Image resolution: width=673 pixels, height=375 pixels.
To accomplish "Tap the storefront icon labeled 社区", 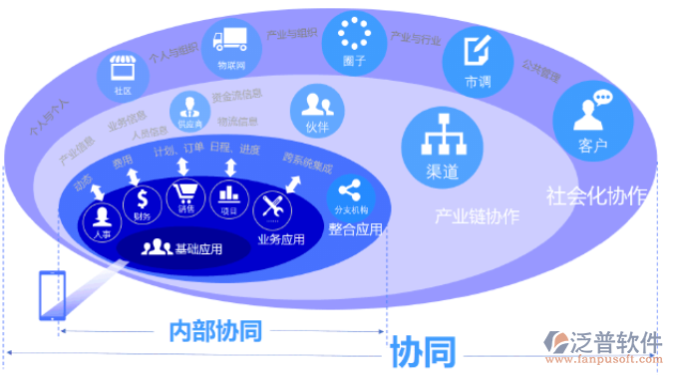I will point(124,71).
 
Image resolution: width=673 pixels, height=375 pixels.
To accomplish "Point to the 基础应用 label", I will point(196,248).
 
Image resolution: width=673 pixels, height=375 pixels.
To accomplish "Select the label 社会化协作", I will point(596,194).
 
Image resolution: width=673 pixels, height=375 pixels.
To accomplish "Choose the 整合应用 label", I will point(355,228).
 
